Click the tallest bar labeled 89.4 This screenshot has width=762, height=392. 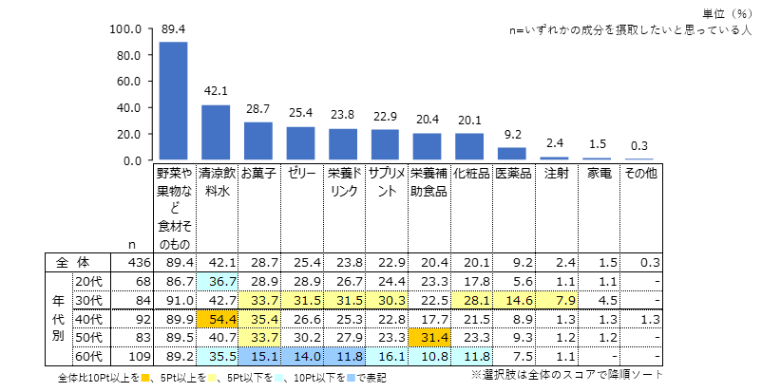point(173,102)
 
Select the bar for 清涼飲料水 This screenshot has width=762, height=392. point(216,133)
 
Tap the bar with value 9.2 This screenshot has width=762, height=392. point(511,154)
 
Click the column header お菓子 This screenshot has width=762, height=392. point(257,175)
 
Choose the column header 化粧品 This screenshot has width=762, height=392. point(469,175)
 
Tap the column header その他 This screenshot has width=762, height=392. point(638,175)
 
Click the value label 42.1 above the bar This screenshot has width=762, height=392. point(216,91)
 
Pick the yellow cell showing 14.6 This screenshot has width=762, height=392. point(511,300)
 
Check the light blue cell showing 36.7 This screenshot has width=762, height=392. point(216,282)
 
